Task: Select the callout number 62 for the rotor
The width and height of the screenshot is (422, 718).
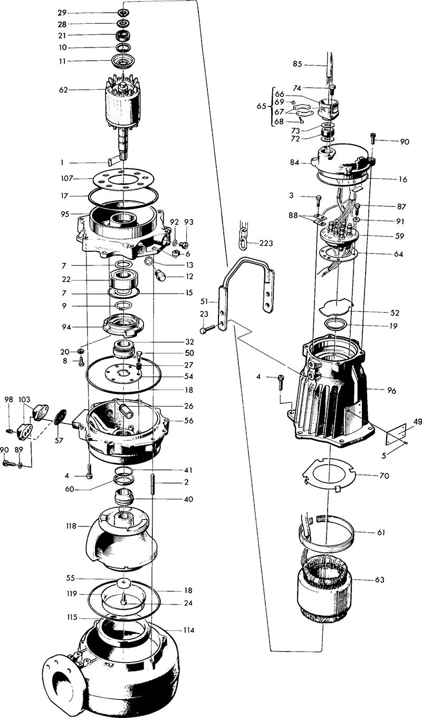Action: (64, 90)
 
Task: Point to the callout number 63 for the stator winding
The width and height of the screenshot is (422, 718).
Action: (380, 579)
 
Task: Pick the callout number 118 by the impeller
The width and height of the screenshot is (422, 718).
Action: (70, 526)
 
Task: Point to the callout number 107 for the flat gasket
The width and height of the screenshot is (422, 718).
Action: (67, 178)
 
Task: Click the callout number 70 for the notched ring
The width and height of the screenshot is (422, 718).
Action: (384, 476)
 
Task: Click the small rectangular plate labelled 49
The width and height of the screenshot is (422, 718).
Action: (395, 436)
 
